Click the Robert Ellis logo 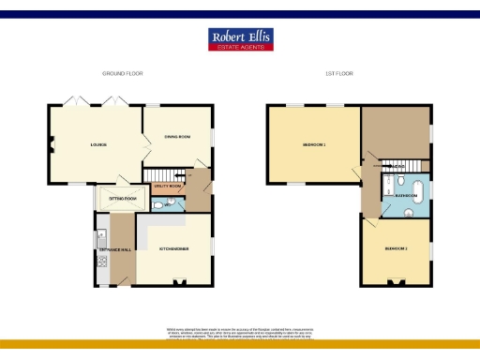tap(239, 38)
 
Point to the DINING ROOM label tap(177, 138)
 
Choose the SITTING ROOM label tap(122, 199)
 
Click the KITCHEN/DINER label tap(174, 248)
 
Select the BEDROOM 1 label tap(313, 145)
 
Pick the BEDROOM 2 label tap(397, 248)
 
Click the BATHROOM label tap(406, 195)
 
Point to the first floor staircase tap(393, 168)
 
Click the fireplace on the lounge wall tap(52, 144)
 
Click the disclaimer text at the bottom tap(239, 332)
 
